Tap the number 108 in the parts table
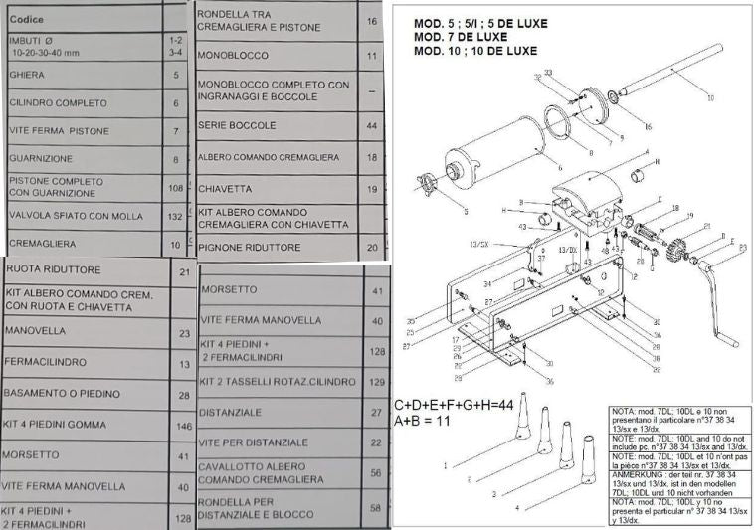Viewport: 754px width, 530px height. (x=176, y=187)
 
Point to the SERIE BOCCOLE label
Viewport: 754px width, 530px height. (x=237, y=126)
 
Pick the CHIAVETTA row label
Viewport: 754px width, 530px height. (x=225, y=189)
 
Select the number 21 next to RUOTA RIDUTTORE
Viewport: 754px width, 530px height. (x=183, y=272)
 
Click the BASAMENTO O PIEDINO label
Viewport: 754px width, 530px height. (x=64, y=394)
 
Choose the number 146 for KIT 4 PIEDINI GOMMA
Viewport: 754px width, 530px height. (x=183, y=427)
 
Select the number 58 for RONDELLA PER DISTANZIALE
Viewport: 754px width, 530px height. (x=376, y=507)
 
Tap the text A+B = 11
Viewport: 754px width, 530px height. (x=424, y=422)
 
